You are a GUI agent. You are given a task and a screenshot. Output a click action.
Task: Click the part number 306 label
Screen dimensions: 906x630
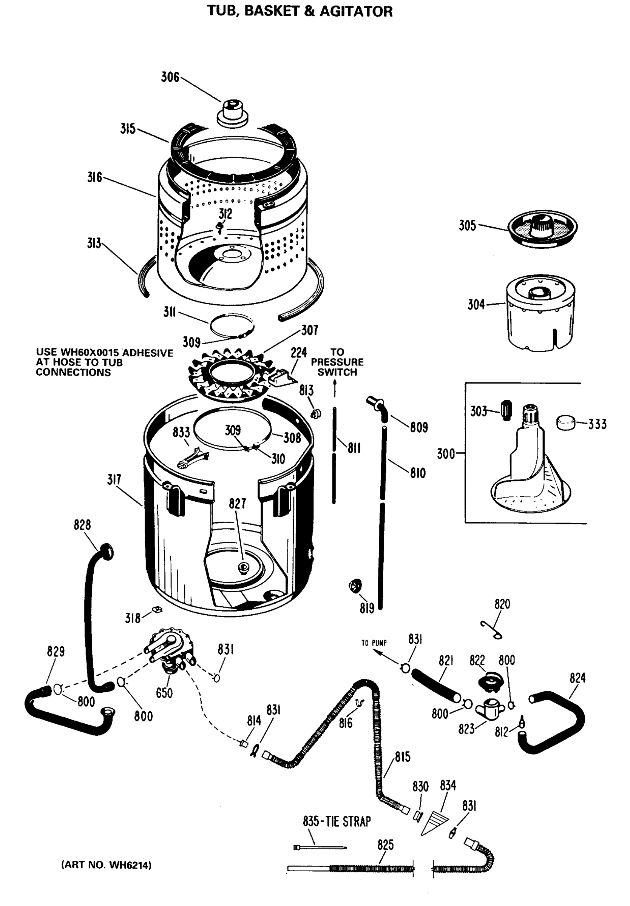coord(170,77)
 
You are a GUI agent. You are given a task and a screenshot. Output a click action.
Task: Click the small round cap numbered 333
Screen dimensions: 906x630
coord(566,423)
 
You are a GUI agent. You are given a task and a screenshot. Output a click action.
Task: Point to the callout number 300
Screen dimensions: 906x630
coord(446,454)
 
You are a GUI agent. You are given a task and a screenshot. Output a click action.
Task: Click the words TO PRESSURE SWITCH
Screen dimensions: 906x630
coord(337,362)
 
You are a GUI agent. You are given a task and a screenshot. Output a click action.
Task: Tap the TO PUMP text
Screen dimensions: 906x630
coord(374,643)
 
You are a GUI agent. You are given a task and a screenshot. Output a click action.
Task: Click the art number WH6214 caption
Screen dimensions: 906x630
coord(107,865)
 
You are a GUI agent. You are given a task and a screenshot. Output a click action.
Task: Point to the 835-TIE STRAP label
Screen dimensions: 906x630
coord(337,821)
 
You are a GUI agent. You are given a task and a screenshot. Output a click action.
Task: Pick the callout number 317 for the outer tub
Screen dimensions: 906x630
coord(114,480)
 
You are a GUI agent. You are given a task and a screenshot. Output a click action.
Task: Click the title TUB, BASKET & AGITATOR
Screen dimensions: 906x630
coord(300,11)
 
